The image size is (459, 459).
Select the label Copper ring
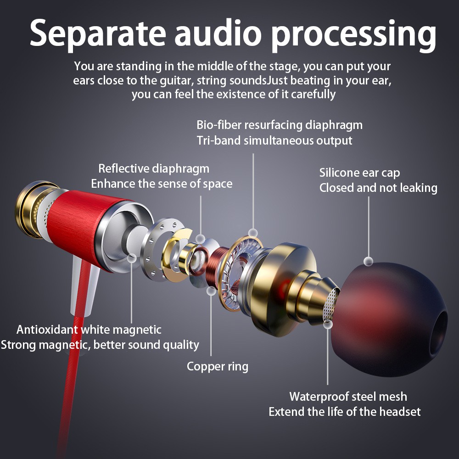tap(217, 366)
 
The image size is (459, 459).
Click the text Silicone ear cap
tap(359, 173)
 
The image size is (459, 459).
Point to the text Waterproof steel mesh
tap(348, 396)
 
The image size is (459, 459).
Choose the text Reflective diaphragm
tap(154, 168)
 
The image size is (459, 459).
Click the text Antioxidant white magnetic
tap(89, 329)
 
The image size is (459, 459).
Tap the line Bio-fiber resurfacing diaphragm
tap(280, 125)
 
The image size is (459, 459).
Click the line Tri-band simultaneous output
tap(274, 140)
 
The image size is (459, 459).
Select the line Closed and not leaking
tap(378, 188)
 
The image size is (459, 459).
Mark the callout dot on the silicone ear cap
tap(368, 261)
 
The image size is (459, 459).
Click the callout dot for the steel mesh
tap(328, 324)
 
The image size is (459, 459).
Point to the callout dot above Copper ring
tap(211, 291)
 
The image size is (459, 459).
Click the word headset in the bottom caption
tap(397, 412)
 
